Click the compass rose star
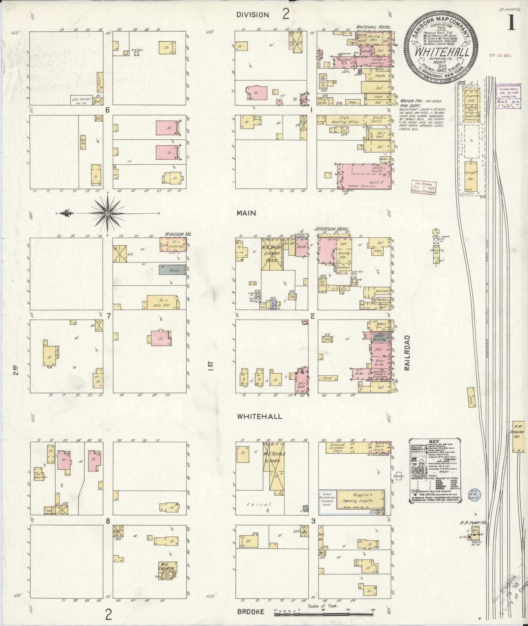tap(108, 213)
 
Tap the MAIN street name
tap(246, 213)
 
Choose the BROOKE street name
tap(250, 611)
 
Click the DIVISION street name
tap(252, 15)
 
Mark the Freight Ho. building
tap(470, 176)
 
